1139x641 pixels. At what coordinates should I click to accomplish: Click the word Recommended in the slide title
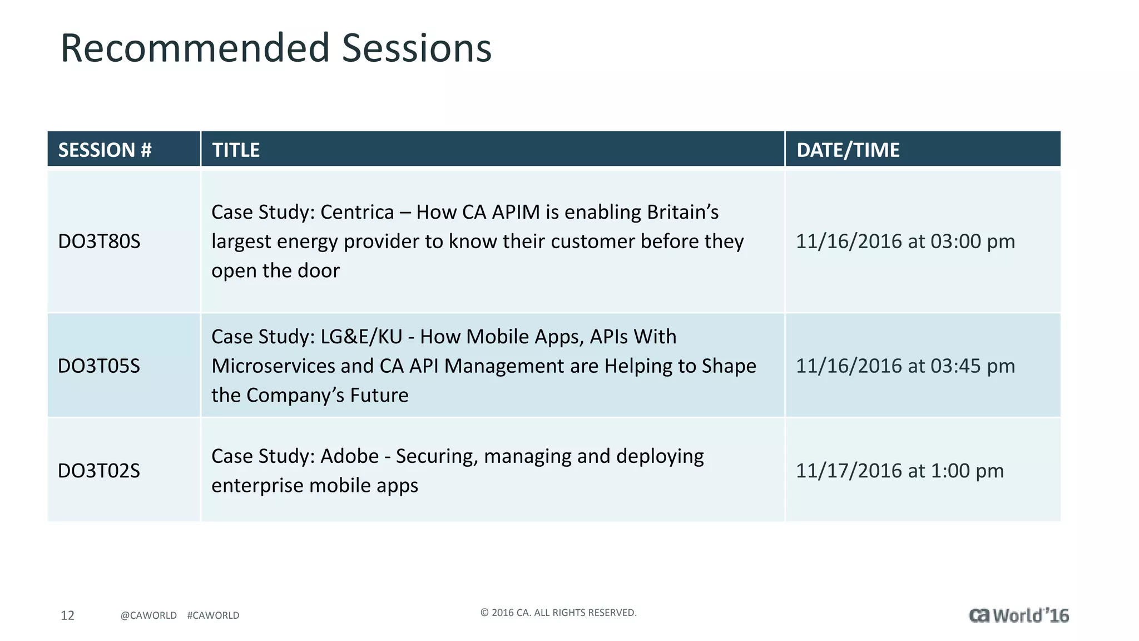(195, 48)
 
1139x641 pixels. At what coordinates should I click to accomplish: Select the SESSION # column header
(105, 150)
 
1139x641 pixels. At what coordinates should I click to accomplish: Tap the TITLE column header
(236, 150)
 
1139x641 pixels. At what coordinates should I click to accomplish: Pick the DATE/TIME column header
(848, 150)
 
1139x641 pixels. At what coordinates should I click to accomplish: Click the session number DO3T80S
(99, 241)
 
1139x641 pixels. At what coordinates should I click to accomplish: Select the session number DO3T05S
(99, 366)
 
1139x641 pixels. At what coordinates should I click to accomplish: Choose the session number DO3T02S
(99, 471)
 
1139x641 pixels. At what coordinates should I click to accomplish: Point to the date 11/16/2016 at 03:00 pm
(905, 241)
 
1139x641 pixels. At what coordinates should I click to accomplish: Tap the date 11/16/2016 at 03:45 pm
(905, 366)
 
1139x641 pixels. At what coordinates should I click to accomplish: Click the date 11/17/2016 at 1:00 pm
(899, 471)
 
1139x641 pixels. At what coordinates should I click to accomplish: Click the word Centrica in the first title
(357, 213)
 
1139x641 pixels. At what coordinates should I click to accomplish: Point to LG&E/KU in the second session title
(361, 337)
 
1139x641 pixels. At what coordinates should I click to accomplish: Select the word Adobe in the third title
(349, 456)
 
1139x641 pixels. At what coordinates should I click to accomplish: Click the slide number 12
(67, 615)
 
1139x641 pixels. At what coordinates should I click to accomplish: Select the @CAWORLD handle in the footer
(148, 615)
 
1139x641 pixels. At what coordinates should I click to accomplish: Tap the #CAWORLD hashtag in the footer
(213, 615)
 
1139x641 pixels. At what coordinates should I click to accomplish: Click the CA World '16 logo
(1018, 615)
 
